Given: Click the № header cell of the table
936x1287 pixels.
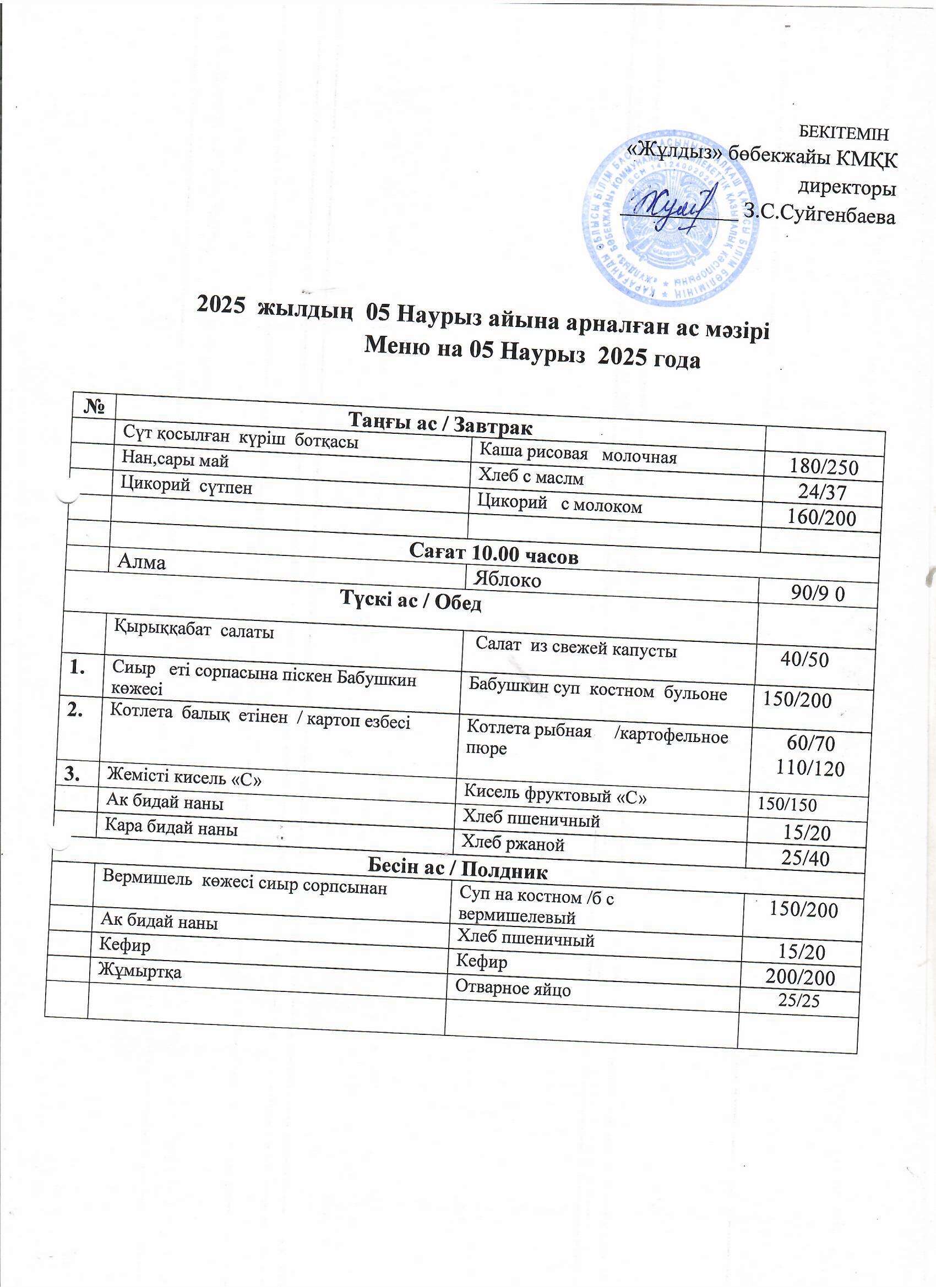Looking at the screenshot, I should (x=95, y=406).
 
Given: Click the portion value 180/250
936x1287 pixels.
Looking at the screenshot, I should (x=824, y=466).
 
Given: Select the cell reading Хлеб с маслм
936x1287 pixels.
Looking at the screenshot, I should (x=531, y=477).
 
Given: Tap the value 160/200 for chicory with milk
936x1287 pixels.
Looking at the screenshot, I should (x=821, y=517).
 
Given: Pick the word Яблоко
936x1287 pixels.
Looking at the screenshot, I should (x=508, y=579).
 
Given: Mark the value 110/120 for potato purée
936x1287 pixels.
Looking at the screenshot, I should (x=810, y=768).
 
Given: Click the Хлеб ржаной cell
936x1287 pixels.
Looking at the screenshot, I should (x=513, y=844).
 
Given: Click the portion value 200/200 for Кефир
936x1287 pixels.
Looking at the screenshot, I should (x=801, y=977).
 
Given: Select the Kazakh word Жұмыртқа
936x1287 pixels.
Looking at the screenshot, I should (x=140, y=971).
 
